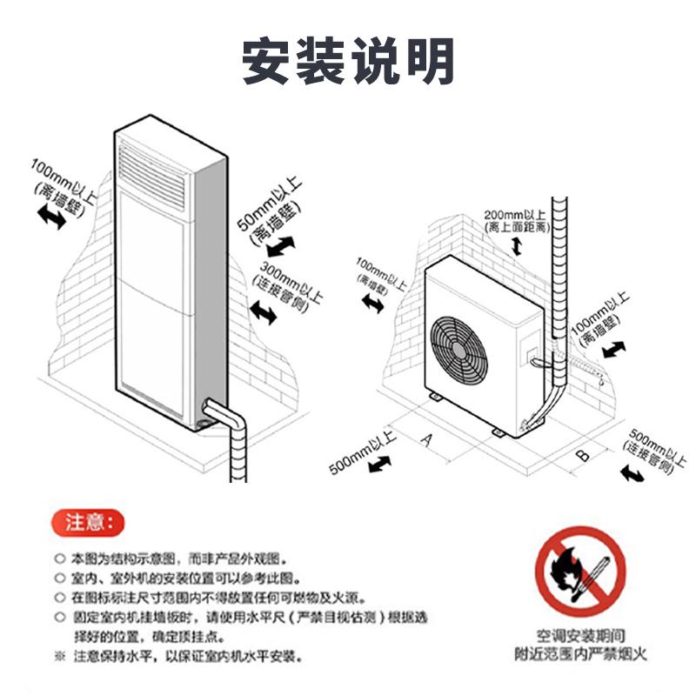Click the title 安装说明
click(348, 61)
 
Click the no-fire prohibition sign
click(579, 572)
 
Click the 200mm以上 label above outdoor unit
click(515, 215)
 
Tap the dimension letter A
click(426, 440)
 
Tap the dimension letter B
click(584, 455)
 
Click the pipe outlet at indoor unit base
click(209, 411)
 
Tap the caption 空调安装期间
click(580, 637)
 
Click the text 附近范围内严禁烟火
click(580, 653)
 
